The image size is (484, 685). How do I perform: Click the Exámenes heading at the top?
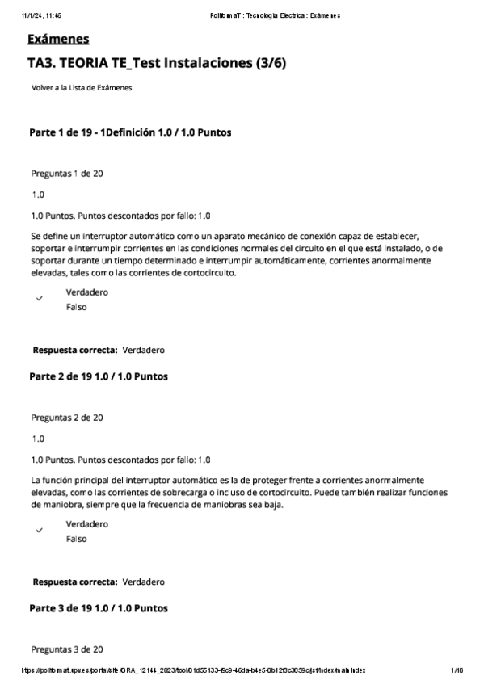click(x=57, y=40)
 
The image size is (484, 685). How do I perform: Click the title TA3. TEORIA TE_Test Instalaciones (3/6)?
click(x=156, y=63)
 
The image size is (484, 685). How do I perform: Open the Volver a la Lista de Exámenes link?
click(x=82, y=88)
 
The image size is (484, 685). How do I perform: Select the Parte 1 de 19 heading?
click(x=132, y=132)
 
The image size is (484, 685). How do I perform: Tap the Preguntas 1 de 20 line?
click(x=66, y=174)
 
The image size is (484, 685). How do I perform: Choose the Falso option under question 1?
click(x=76, y=307)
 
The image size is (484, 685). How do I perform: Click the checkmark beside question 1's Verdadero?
click(x=39, y=299)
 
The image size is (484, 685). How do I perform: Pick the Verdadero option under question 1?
click(x=86, y=292)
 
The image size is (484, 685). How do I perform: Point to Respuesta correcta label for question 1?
click(x=75, y=351)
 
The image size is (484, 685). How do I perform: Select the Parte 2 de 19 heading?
click(x=99, y=376)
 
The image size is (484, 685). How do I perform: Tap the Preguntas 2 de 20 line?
click(x=66, y=418)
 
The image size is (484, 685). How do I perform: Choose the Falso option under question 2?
click(x=76, y=539)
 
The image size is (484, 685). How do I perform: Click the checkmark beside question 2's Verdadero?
click(x=39, y=531)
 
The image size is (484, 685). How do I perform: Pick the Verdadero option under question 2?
click(x=86, y=524)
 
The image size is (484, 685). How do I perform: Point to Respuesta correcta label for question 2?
click(x=75, y=582)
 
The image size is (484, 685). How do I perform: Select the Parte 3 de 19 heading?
click(x=99, y=607)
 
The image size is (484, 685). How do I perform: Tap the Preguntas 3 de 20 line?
click(x=66, y=649)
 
